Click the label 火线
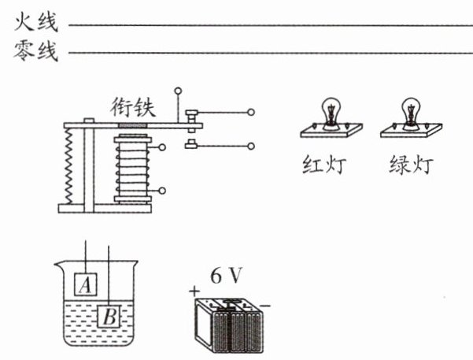[36, 22]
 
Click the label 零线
[36, 50]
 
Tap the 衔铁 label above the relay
[133, 107]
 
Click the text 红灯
[324, 165]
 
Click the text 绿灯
[411, 165]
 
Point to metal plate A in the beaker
[86, 284]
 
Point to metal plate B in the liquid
[109, 317]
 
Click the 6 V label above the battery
[226, 276]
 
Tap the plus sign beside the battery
[194, 291]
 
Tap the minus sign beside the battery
[265, 306]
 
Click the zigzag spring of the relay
[69, 165]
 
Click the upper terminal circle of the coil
[162, 147]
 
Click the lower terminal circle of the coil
[162, 191]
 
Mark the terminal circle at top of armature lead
[179, 91]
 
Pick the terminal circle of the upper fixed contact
[251, 113]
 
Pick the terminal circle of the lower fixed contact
[251, 147]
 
